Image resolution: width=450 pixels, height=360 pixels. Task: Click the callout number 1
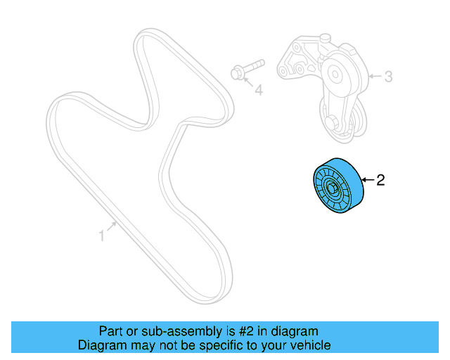coord(101,236)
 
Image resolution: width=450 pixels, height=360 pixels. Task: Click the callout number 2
coord(380,181)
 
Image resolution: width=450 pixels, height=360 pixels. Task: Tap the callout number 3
coord(387,76)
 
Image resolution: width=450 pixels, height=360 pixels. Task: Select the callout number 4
coord(258,91)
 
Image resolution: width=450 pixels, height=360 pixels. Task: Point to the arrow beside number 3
coord(375,76)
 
